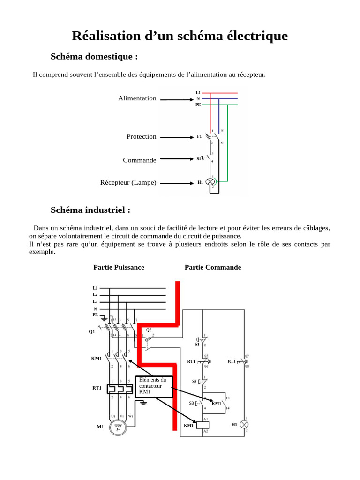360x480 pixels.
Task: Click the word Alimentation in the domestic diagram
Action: [x=137, y=98]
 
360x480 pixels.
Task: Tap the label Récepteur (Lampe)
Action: [x=128, y=183]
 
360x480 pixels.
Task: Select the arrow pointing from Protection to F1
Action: [x=176, y=137]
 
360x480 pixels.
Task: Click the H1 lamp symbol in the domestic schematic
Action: [x=211, y=182]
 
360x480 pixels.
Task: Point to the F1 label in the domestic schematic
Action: [x=199, y=136]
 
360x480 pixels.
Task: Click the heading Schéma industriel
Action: [x=90, y=210]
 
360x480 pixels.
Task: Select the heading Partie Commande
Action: [x=213, y=267]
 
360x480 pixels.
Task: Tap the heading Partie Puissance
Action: [x=119, y=267]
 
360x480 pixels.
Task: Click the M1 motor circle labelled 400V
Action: [x=118, y=427]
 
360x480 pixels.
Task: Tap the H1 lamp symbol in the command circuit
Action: [x=244, y=424]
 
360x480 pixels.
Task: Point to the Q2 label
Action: [x=149, y=330]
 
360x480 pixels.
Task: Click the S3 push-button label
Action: [x=192, y=403]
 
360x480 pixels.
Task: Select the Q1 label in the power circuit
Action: [x=92, y=332]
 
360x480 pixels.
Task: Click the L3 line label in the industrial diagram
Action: [x=95, y=301]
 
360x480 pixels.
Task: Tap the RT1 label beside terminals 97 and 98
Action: [x=232, y=361]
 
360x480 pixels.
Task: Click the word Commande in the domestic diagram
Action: [x=140, y=160]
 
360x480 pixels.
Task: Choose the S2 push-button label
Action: [x=195, y=382]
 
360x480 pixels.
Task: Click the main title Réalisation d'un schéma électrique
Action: [x=180, y=36]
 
